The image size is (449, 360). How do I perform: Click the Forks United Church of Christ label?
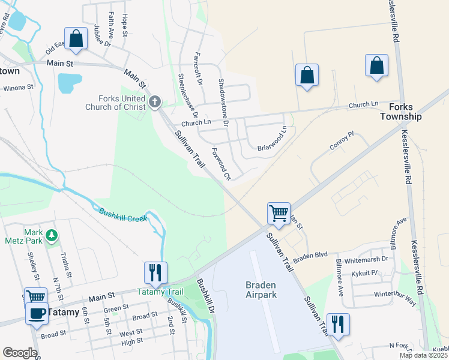tap(122, 103)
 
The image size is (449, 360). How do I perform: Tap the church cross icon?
tap(155, 101)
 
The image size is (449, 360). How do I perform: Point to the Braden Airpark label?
tap(261, 290)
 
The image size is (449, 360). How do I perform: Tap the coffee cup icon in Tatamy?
tap(37, 313)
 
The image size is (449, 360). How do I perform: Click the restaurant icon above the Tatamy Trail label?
tap(155, 272)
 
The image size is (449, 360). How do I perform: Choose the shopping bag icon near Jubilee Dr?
tap(76, 39)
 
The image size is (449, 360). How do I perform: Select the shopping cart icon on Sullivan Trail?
tap(279, 212)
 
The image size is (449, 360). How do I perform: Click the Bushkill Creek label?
tap(122, 215)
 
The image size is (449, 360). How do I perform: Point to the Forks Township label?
tap(401, 111)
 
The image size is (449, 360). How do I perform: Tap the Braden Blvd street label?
tap(310, 254)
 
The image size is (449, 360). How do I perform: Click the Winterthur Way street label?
tap(394, 298)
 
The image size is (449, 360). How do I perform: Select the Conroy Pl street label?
tap(342, 142)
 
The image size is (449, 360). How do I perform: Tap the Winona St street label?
tap(18, 88)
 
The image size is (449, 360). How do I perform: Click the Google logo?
tap(20, 352)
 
